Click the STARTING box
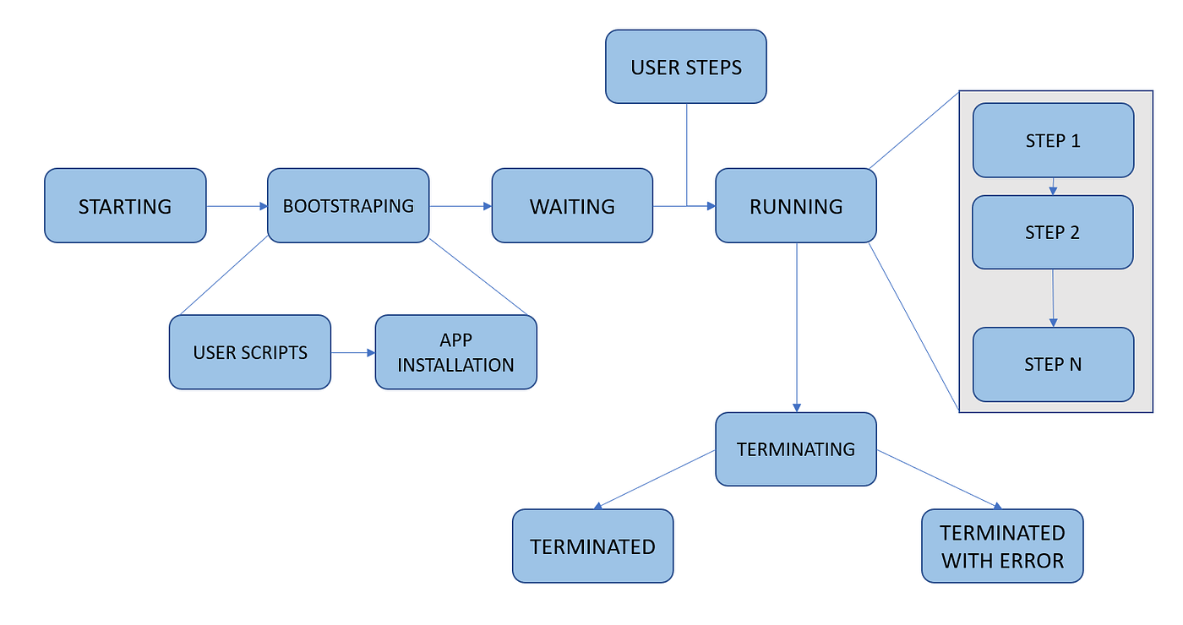click(125, 205)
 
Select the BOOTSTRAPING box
click(348, 205)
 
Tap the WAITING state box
click(572, 205)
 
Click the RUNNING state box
click(796, 205)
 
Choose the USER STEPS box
click(685, 67)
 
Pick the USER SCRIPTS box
click(250, 352)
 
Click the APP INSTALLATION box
click(455, 352)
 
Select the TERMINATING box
click(796, 448)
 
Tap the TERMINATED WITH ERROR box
click(1002, 546)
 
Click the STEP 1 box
click(1053, 140)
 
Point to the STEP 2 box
click(1053, 232)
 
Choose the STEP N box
click(1053, 364)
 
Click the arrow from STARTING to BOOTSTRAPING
click(237, 205)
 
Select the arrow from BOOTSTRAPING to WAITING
click(461, 205)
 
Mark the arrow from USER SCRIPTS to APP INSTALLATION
click(352, 352)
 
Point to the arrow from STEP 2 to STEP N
click(1053, 298)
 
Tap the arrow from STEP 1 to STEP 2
click(1053, 187)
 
